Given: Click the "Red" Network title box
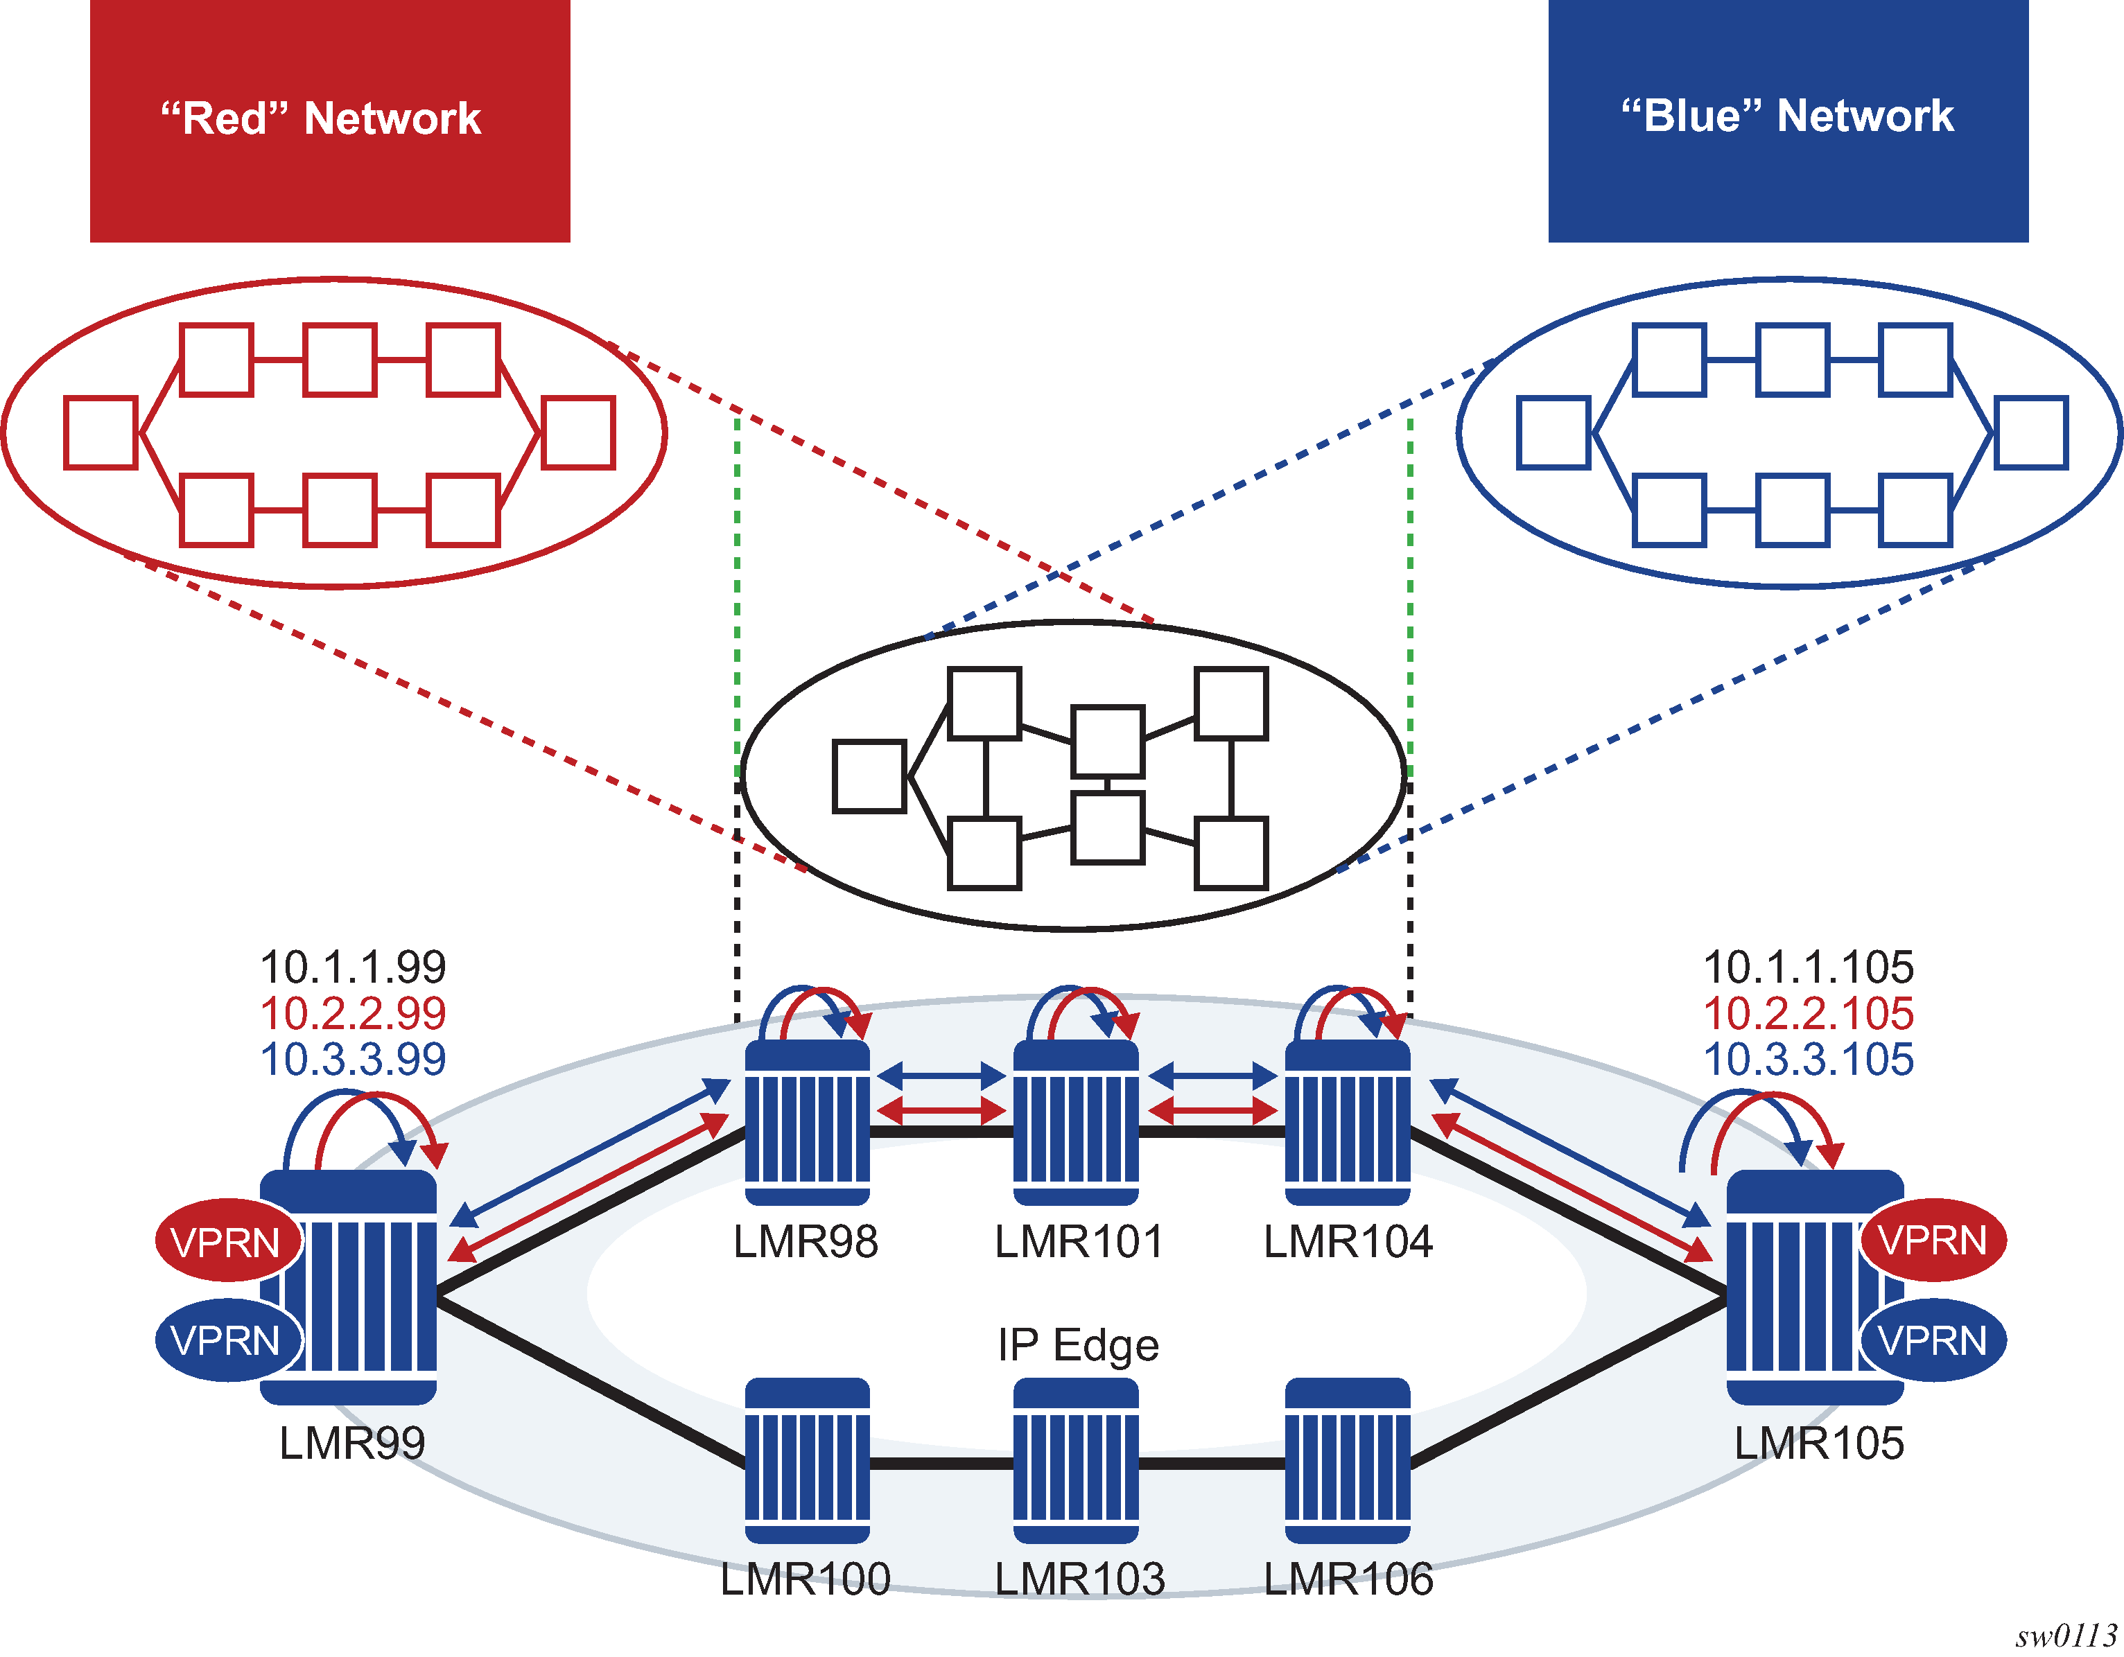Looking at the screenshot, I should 330,120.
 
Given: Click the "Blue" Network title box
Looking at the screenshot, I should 1788,120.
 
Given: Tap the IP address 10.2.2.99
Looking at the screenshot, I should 353,1013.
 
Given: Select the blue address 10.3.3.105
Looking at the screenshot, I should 1808,1059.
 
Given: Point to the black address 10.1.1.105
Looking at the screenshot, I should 1808,967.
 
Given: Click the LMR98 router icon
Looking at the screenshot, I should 807,1123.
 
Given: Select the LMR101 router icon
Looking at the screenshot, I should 1076,1123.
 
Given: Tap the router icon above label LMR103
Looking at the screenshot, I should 1076,1459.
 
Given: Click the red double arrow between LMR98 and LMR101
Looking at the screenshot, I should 941,1110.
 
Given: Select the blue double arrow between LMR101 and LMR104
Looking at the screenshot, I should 1212,1076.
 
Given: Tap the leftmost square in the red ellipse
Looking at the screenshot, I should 101,432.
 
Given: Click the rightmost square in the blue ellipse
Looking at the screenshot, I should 2030,432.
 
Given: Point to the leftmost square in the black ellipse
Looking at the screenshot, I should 869,776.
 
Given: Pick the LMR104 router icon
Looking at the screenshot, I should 1347,1123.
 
